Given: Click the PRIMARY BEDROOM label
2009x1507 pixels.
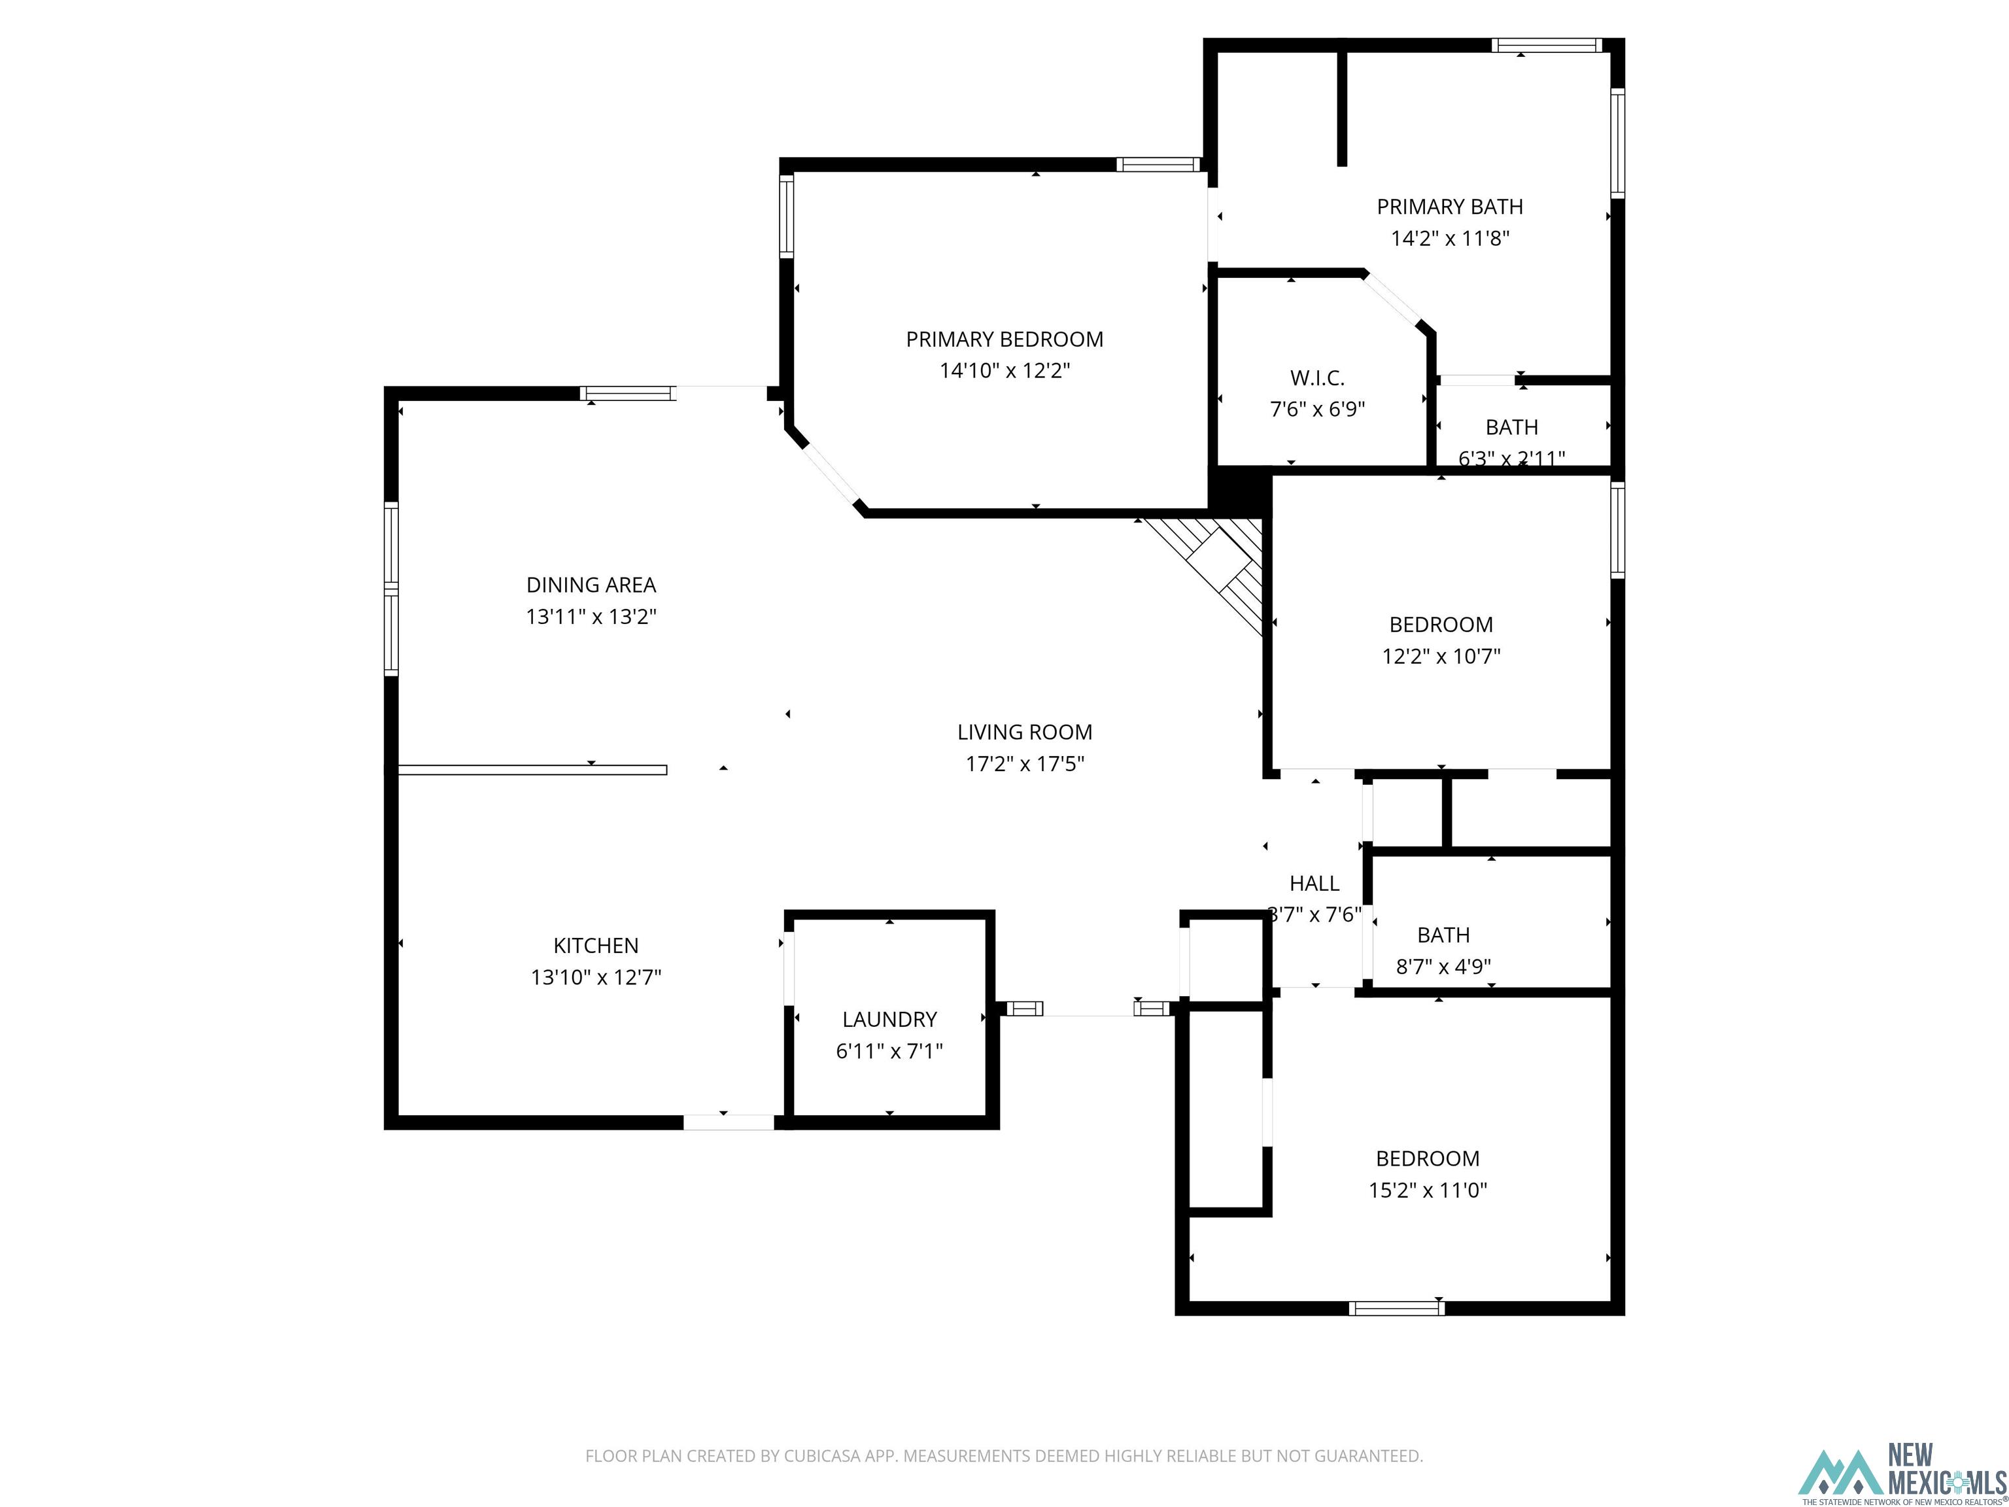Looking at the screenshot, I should coord(1004,339).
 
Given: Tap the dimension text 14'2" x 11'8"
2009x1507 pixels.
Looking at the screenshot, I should coord(1450,239).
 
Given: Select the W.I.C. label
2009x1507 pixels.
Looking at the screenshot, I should coord(1317,378).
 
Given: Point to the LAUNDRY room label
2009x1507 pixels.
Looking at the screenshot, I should coord(889,1019).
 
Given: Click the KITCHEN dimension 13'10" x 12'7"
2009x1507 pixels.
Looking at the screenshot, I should coord(596,977).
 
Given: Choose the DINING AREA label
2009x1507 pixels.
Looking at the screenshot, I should coord(591,585).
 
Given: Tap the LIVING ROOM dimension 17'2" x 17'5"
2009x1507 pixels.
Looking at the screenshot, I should coord(1025,764).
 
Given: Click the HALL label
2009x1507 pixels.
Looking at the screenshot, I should coord(1314,883).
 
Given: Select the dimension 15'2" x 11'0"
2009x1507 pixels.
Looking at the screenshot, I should coord(1428,1190).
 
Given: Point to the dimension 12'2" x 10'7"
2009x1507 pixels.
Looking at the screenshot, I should coord(1441,656).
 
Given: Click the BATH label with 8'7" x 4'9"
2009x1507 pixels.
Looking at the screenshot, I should coord(1443,935).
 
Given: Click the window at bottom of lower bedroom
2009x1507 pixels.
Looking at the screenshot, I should coord(1396,1308).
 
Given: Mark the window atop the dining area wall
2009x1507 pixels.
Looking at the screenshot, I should coord(628,393).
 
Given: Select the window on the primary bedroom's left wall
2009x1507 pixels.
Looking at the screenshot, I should coord(787,217).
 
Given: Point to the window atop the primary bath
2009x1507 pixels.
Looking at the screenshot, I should coord(1546,45).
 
